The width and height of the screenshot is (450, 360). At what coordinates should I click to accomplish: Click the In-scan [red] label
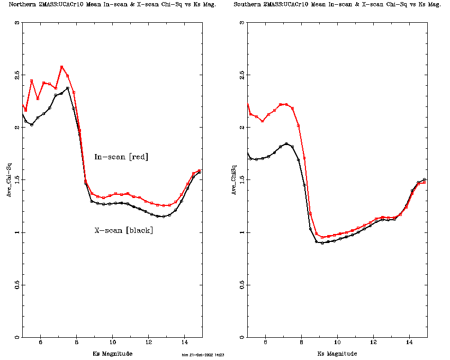[121, 157]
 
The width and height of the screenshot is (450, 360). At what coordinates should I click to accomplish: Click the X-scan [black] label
[123, 230]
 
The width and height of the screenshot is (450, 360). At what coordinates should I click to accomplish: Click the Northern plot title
[105, 4]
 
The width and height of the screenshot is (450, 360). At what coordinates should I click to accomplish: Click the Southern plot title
[337, 4]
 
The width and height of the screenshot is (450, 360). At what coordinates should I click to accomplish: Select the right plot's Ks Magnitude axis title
[337, 353]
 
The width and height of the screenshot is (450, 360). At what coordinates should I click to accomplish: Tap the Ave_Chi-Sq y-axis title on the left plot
[8, 180]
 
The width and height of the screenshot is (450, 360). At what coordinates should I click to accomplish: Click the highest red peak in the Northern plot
[62, 67]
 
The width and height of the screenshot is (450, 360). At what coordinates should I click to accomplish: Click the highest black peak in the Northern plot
[68, 88]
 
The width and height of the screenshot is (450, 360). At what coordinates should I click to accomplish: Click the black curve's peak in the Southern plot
[286, 143]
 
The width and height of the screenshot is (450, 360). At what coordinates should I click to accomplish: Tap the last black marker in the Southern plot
[425, 179]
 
